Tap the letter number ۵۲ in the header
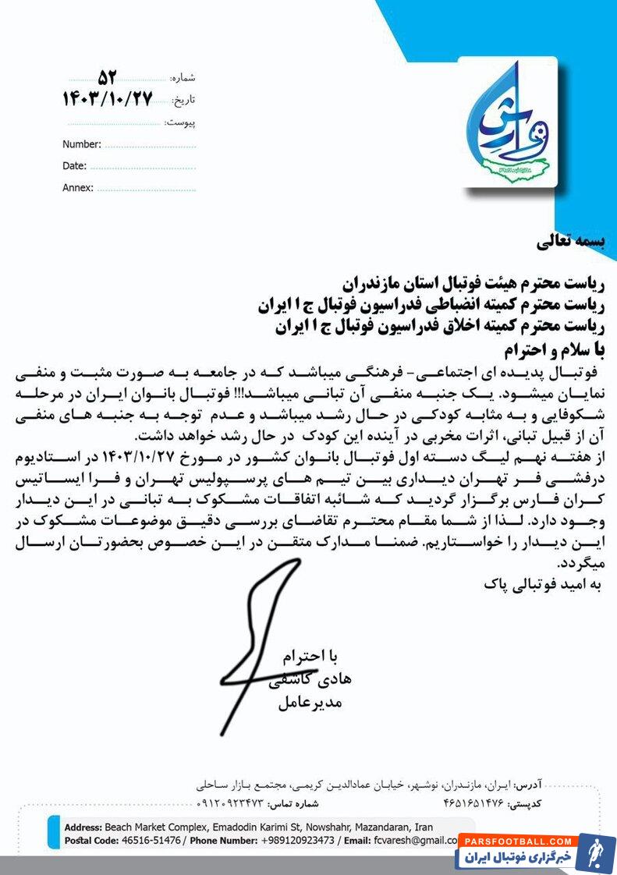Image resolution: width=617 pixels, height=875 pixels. (107, 77)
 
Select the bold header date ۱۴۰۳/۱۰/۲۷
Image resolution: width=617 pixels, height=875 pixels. (107, 99)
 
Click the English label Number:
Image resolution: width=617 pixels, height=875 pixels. (82, 144)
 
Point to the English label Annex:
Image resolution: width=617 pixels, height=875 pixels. (78, 187)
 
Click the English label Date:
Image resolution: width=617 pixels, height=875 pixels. (74, 165)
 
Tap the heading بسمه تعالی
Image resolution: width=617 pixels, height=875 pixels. (570, 243)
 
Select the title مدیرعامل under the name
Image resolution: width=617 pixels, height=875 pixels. (310, 703)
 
